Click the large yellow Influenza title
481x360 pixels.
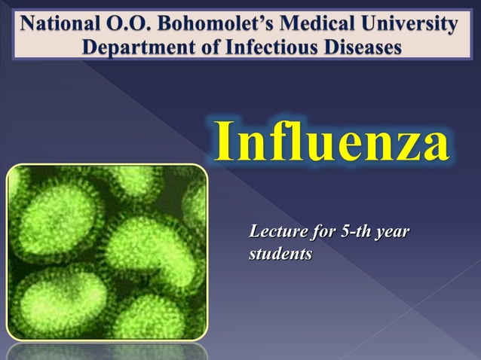[x=332, y=141]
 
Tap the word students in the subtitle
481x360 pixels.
[x=280, y=255]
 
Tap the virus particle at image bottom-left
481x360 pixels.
[x=53, y=301]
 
